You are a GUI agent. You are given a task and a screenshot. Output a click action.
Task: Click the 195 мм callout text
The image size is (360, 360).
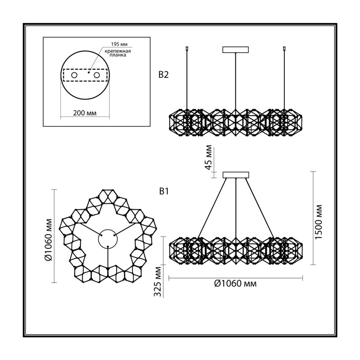coord(119,44)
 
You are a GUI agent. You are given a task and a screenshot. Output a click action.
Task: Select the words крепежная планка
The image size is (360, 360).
coord(118,53)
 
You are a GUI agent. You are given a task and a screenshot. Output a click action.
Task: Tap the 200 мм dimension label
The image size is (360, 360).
coord(85,113)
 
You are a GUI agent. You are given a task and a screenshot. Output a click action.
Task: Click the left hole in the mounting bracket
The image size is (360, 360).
coord(74,75)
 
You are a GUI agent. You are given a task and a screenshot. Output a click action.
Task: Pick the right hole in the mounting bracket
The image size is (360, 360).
coord(97,75)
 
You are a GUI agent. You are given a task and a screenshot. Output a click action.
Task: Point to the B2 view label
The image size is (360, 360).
coord(163,75)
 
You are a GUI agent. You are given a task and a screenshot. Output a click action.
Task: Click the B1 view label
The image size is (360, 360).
coord(164,191)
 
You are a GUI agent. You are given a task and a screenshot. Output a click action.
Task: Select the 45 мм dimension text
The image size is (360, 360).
coord(209,157)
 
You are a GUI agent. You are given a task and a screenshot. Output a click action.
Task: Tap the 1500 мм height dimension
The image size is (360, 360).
coord(319,222)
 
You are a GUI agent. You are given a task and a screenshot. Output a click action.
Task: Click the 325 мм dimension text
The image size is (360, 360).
coord(157,282)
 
